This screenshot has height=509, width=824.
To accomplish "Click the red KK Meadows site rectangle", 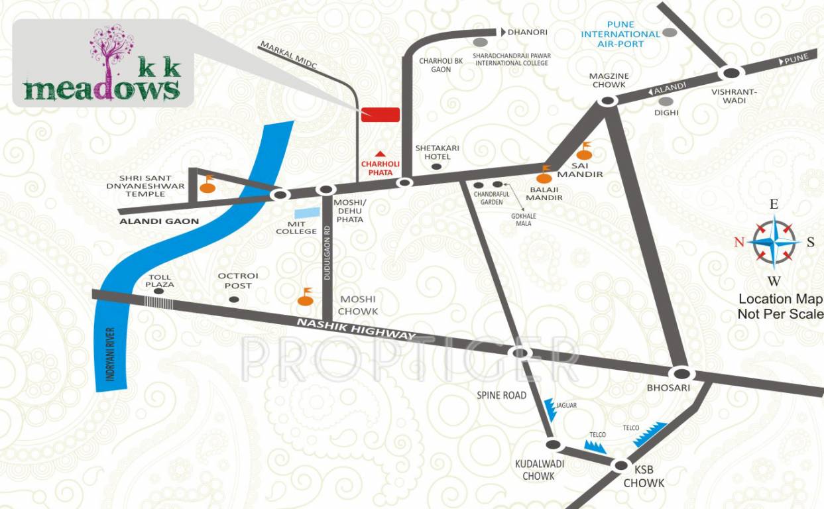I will (381, 114).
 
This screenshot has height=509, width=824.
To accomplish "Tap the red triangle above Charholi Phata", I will (380, 154).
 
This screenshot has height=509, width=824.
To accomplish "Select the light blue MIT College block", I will (306, 213).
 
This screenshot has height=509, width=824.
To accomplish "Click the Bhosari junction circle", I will (681, 373).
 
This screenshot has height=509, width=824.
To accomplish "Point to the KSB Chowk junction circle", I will (620, 465).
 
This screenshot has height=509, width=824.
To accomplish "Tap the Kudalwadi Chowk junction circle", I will (553, 444).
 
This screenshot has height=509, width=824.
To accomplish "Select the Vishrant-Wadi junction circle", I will (731, 74).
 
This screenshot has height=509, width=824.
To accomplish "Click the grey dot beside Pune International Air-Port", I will (670, 32).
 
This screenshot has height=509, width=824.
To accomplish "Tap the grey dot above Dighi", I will (666, 101).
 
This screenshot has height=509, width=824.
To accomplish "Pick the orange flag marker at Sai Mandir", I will (584, 152).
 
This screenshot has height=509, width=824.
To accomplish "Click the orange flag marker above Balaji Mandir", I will (546, 175).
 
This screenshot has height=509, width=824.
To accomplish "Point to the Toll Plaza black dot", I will (159, 290).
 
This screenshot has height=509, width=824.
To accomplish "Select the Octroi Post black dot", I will (233, 300).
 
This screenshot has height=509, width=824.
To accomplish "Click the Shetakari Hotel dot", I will (436, 167).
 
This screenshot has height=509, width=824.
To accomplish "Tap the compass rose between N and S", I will (774, 241).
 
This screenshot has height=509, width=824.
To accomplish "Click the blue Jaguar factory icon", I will (550, 410).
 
